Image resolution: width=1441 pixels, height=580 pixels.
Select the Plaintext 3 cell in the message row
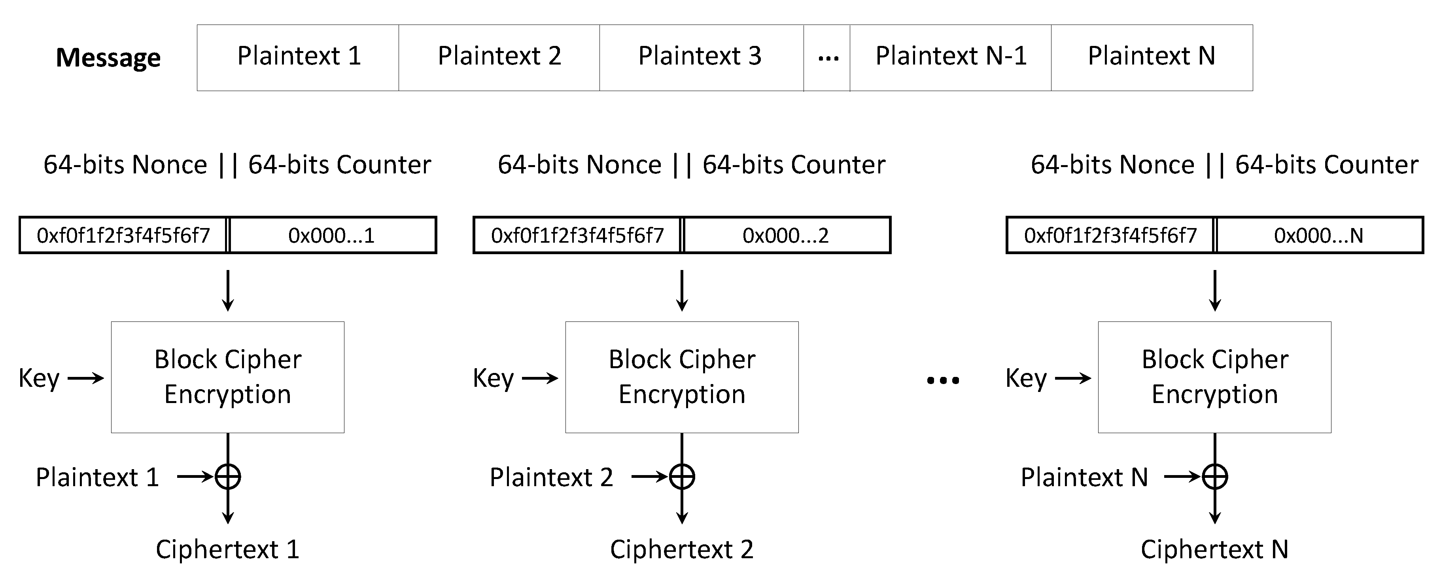tap(701, 57)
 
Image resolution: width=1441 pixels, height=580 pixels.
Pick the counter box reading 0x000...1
tap(332, 236)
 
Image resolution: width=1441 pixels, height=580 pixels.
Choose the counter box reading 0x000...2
tap(786, 236)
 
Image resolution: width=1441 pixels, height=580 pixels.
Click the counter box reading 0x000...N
tap(1319, 236)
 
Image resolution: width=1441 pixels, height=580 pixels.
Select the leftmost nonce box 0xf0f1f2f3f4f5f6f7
tap(123, 236)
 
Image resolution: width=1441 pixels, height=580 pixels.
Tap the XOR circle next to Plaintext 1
tap(228, 477)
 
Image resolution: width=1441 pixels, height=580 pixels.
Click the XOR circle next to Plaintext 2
tap(682, 477)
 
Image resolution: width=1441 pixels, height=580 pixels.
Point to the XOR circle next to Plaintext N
tap(1215, 477)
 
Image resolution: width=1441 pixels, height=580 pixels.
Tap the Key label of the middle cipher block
tap(493, 378)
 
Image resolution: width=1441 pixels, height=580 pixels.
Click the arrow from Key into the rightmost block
tap(1073, 378)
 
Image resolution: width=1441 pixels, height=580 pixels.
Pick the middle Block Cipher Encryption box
tap(682, 377)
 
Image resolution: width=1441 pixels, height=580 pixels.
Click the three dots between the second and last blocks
tap(943, 381)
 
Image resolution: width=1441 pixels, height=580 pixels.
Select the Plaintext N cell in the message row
tap(1151, 57)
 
